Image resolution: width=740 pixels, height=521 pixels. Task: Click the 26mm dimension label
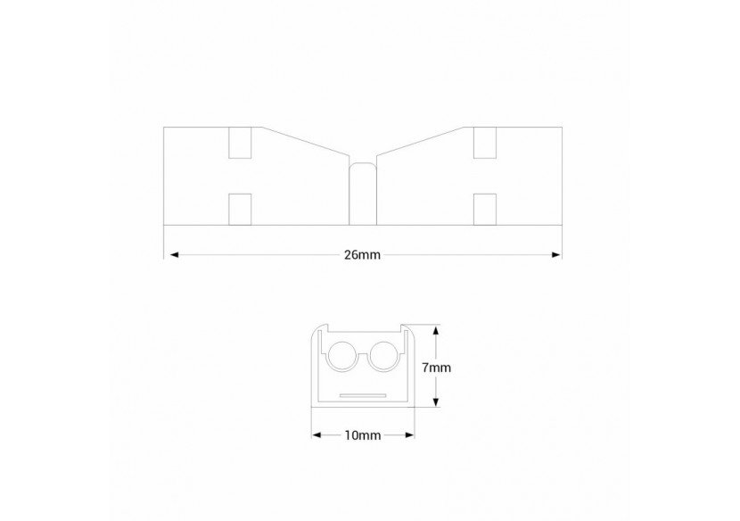pyautogui.click(x=362, y=255)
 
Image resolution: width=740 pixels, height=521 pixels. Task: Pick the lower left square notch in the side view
pyautogui.click(x=240, y=208)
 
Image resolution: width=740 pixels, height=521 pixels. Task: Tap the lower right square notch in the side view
pyautogui.click(x=484, y=208)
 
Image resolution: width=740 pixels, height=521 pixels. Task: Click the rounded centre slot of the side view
pyautogui.click(x=362, y=193)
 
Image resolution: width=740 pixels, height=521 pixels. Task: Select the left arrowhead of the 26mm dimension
pyautogui.click(x=170, y=255)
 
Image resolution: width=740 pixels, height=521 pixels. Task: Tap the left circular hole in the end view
pyautogui.click(x=343, y=358)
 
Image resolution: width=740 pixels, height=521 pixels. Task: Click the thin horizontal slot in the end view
pyautogui.click(x=362, y=395)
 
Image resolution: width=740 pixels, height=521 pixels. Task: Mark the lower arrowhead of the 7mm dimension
pyautogui.click(x=435, y=402)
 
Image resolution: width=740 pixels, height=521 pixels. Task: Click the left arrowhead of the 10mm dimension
pyautogui.click(x=316, y=435)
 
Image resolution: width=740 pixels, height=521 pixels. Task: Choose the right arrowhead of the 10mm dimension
pyautogui.click(x=410, y=435)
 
